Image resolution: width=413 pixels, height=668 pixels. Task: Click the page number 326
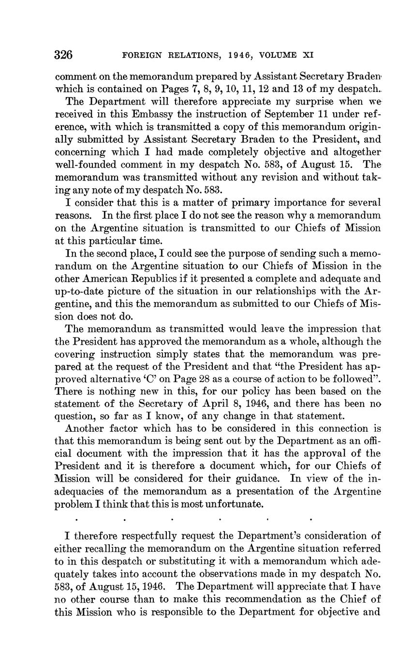tap(64, 55)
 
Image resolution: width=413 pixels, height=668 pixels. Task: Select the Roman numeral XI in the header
tap(308, 55)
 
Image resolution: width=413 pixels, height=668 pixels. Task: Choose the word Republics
tap(153, 279)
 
